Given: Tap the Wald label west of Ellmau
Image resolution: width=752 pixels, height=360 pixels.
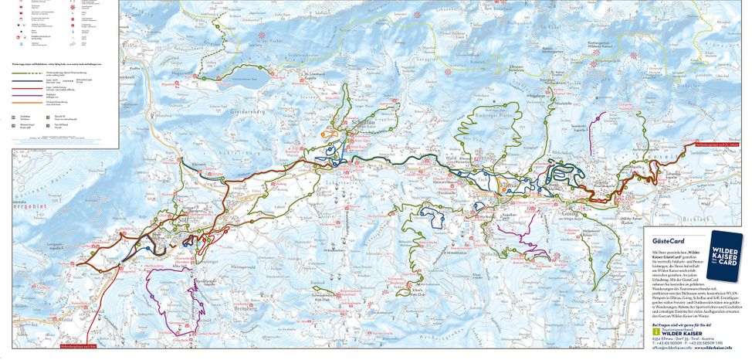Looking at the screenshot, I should coord(450,158).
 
